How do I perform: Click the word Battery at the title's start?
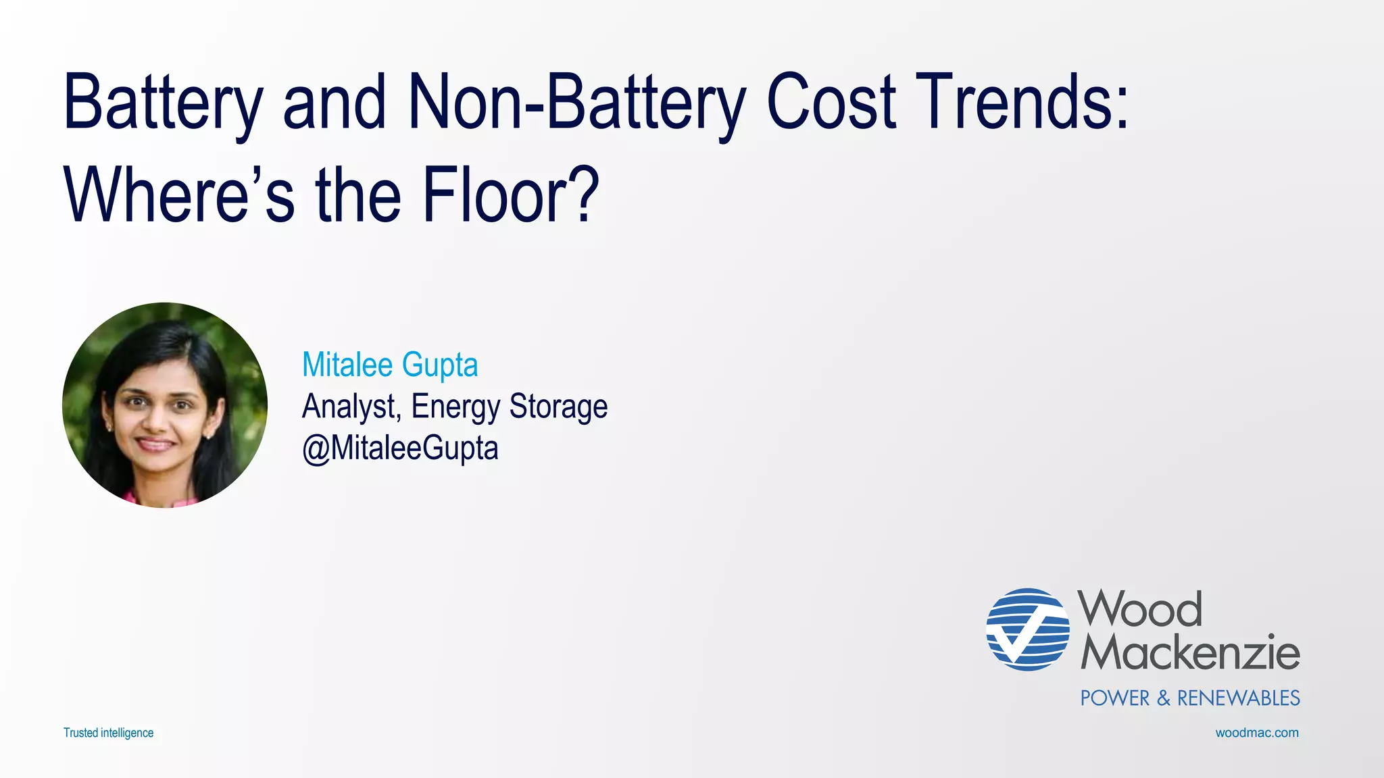coord(162,103)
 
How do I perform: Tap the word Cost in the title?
coord(831,103)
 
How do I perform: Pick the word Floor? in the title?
coord(511,196)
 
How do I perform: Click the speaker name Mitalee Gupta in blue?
coord(390,365)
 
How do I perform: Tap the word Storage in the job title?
coord(558,407)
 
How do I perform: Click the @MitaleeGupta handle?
coord(400,448)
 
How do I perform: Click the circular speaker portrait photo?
coord(165,405)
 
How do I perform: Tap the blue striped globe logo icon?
coord(1027,629)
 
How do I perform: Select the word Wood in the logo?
coord(1140,609)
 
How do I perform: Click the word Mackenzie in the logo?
coord(1190,652)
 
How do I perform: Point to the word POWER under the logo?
coord(1114,698)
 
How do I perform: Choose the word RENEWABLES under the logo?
coord(1239,698)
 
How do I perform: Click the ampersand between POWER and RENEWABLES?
coord(1164,698)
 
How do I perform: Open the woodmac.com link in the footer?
coord(1257,733)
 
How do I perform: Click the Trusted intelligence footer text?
coord(108,733)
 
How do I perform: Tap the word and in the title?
coord(335,103)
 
